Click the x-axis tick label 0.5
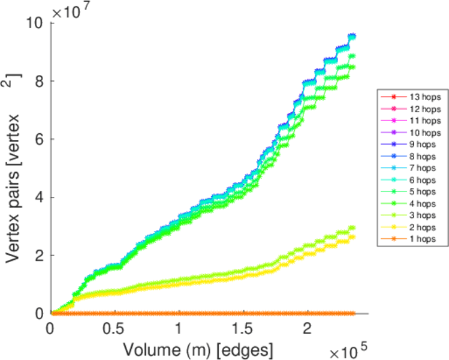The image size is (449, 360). pos(114,329)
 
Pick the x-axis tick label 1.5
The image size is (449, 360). pos(243,329)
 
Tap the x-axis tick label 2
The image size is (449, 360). pos(307,329)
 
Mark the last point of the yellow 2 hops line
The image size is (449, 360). pos(352,237)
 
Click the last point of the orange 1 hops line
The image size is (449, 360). pos(352,313)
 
